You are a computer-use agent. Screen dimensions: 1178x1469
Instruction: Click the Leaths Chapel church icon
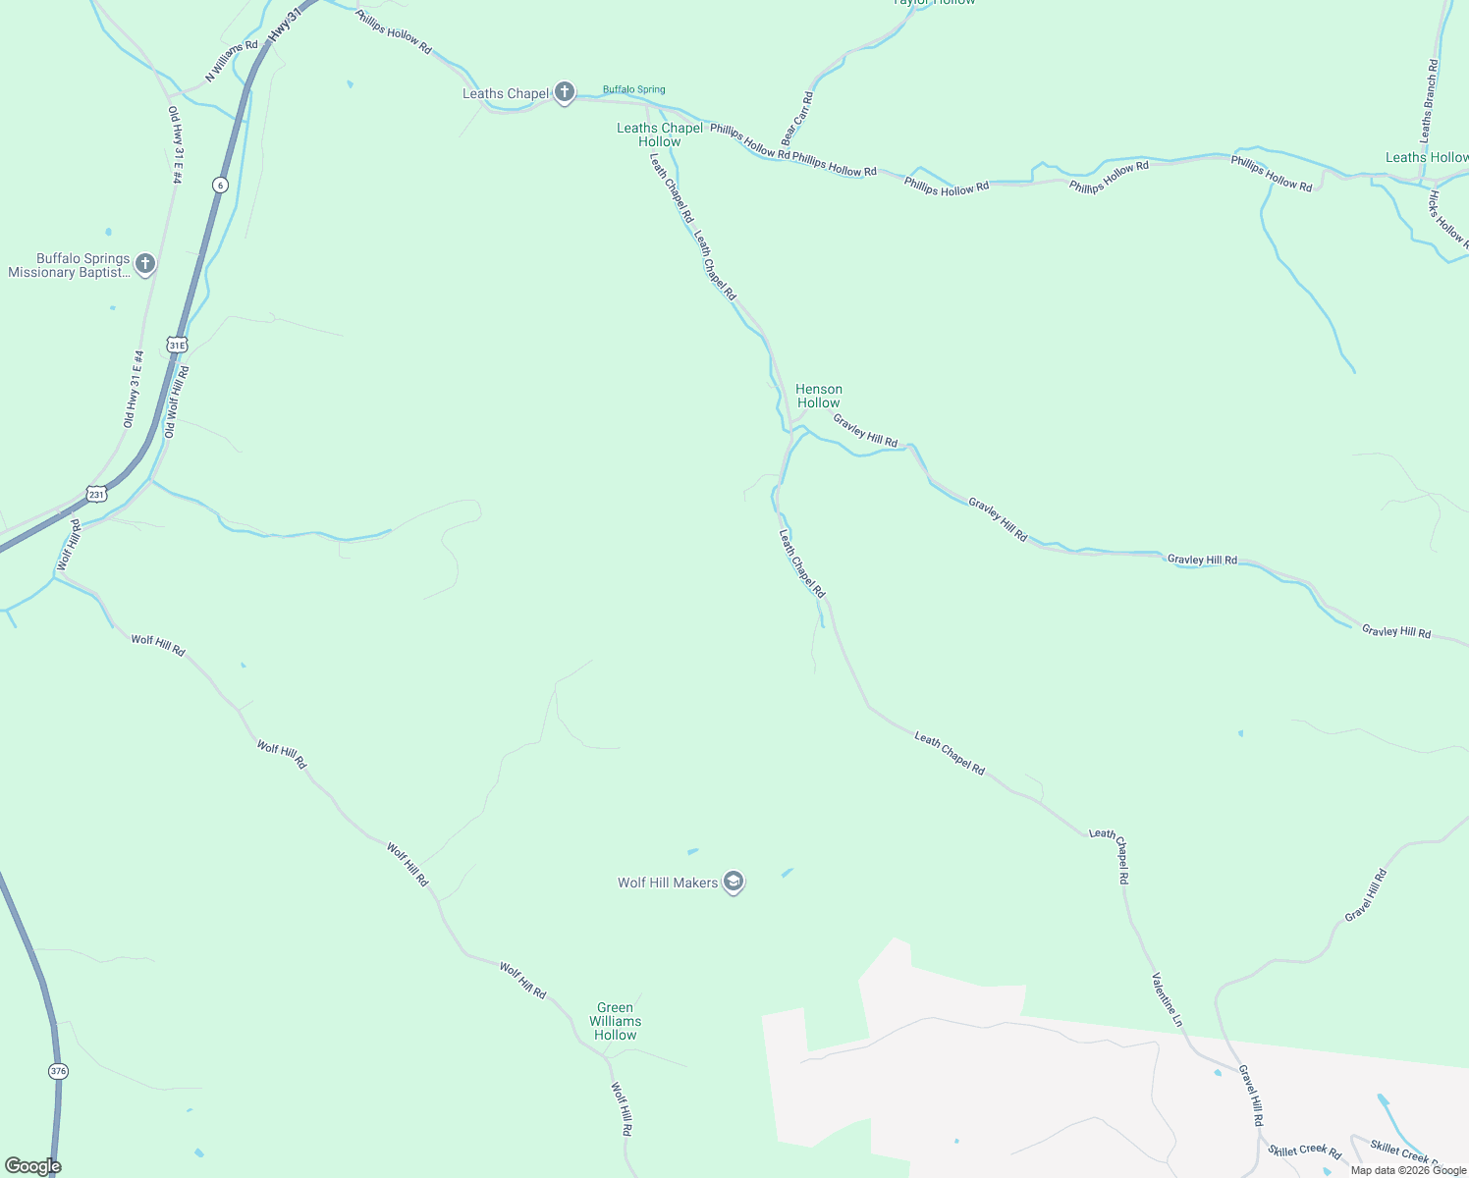[564, 92]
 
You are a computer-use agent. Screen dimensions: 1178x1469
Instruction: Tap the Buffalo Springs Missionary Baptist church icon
[145, 263]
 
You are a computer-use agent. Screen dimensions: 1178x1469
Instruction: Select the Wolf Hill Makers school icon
[733, 882]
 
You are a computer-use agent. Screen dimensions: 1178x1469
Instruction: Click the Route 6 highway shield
[220, 185]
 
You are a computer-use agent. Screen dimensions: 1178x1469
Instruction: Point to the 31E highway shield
[177, 345]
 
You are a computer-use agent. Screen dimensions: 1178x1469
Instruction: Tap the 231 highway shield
[95, 494]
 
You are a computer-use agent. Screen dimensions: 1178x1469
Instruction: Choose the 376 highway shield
[58, 1071]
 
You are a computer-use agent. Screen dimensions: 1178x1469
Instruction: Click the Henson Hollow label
[818, 396]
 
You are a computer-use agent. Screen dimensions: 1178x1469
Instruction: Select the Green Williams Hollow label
[616, 1021]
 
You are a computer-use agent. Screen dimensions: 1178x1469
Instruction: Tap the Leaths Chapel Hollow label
[660, 134]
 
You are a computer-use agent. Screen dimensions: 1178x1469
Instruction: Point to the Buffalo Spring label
[633, 89]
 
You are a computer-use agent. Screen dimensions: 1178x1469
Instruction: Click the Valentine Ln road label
[1168, 999]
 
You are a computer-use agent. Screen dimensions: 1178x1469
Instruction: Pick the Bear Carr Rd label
[797, 119]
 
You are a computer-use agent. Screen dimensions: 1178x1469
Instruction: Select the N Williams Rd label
[232, 61]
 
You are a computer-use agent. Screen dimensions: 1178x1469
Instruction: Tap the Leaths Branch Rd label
[1429, 98]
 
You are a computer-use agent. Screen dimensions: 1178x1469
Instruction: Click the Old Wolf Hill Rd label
[177, 402]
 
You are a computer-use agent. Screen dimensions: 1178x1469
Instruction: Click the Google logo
[32, 1166]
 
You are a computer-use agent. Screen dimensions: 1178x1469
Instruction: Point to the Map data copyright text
[1408, 1170]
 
